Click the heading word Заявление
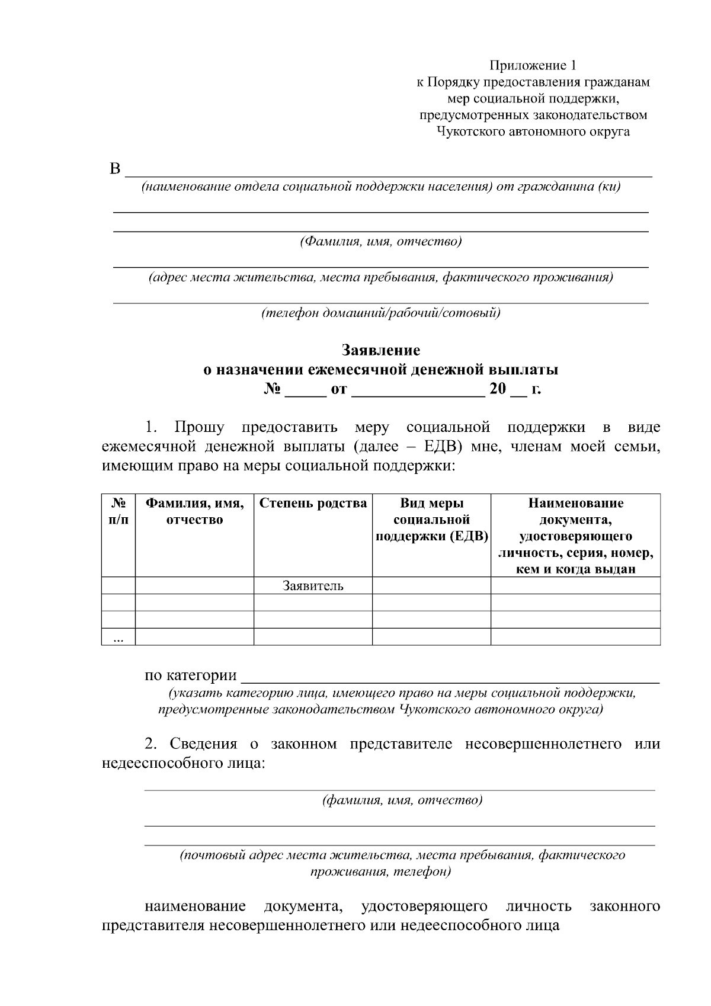pyautogui.click(x=380, y=350)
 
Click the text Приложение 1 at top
pyautogui.click(x=532, y=65)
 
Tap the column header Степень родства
pyautogui.click(x=313, y=504)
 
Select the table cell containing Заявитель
pyautogui.click(x=313, y=586)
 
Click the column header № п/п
pyautogui.click(x=118, y=511)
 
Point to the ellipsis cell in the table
pyautogui.click(x=118, y=638)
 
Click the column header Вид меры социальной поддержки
pyautogui.click(x=431, y=520)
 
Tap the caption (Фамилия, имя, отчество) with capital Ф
pyautogui.click(x=380, y=242)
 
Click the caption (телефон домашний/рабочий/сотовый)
pyautogui.click(x=380, y=313)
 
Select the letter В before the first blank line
pyautogui.click(x=115, y=169)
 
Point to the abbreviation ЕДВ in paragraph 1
pyautogui.click(x=442, y=446)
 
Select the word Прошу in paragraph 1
pyautogui.click(x=199, y=427)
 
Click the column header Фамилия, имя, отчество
pyautogui.click(x=194, y=511)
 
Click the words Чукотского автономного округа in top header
pyautogui.click(x=532, y=132)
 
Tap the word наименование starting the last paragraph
pyautogui.click(x=195, y=906)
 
